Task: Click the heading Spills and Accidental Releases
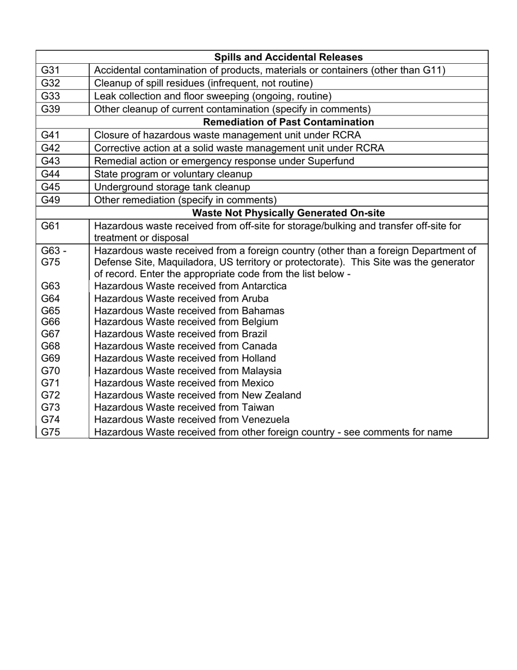[288, 57]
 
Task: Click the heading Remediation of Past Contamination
[288, 122]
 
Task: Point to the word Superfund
[330, 161]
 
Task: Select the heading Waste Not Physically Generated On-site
[288, 212]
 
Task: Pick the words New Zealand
[271, 395]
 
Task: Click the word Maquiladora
[185, 262]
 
